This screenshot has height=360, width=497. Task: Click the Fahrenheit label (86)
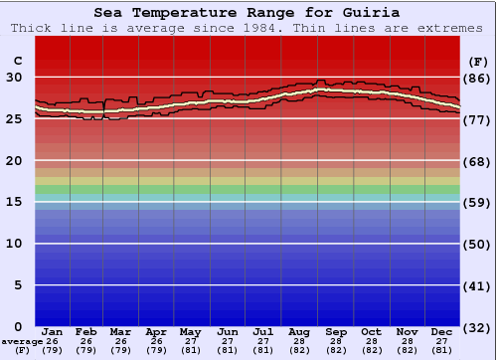pos(477,78)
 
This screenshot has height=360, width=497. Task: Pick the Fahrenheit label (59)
pos(477,203)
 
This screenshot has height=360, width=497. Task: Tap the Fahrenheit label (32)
pos(477,327)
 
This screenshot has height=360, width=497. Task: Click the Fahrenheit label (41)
pos(477,285)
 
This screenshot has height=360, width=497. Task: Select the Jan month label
pos(53,331)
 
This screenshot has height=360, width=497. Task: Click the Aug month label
pos(299,331)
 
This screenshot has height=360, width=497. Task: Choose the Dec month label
pos(441,331)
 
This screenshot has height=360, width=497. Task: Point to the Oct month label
pos(371,331)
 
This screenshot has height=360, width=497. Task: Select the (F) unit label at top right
pos(477,62)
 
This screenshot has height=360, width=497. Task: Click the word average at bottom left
pos(21,341)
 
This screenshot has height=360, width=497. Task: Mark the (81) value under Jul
pos(264,350)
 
